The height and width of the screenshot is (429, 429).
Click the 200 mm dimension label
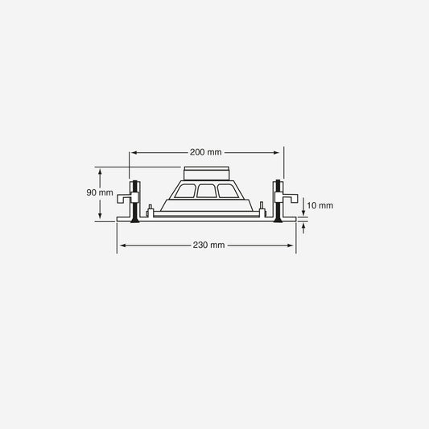click(x=206, y=152)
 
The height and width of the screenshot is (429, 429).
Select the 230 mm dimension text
click(x=208, y=245)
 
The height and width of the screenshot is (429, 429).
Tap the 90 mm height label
click(x=100, y=192)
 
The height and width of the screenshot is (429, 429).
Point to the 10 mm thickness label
click(x=320, y=205)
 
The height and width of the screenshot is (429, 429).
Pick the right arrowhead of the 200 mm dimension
click(x=276, y=152)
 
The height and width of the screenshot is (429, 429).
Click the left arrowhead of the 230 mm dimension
click(x=123, y=245)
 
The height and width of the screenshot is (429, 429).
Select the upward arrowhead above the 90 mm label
click(x=100, y=171)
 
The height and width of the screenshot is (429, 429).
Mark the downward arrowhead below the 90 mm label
click(x=100, y=216)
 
